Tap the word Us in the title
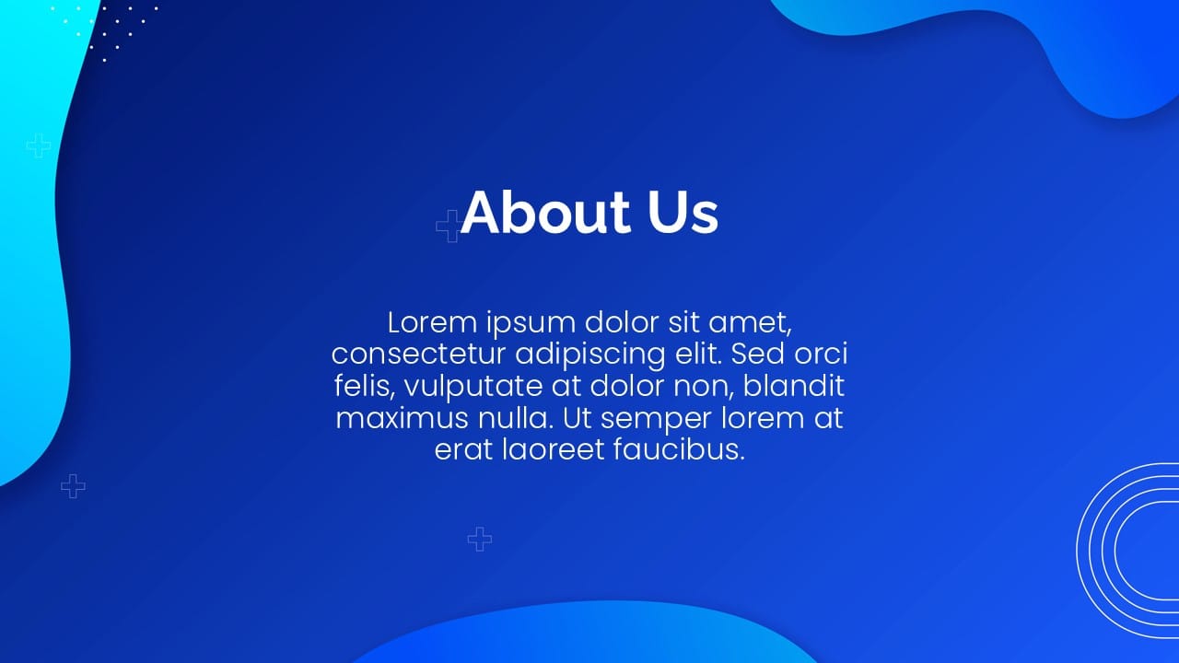(x=683, y=213)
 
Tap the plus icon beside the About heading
(x=449, y=226)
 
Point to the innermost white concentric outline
(x=1115, y=552)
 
